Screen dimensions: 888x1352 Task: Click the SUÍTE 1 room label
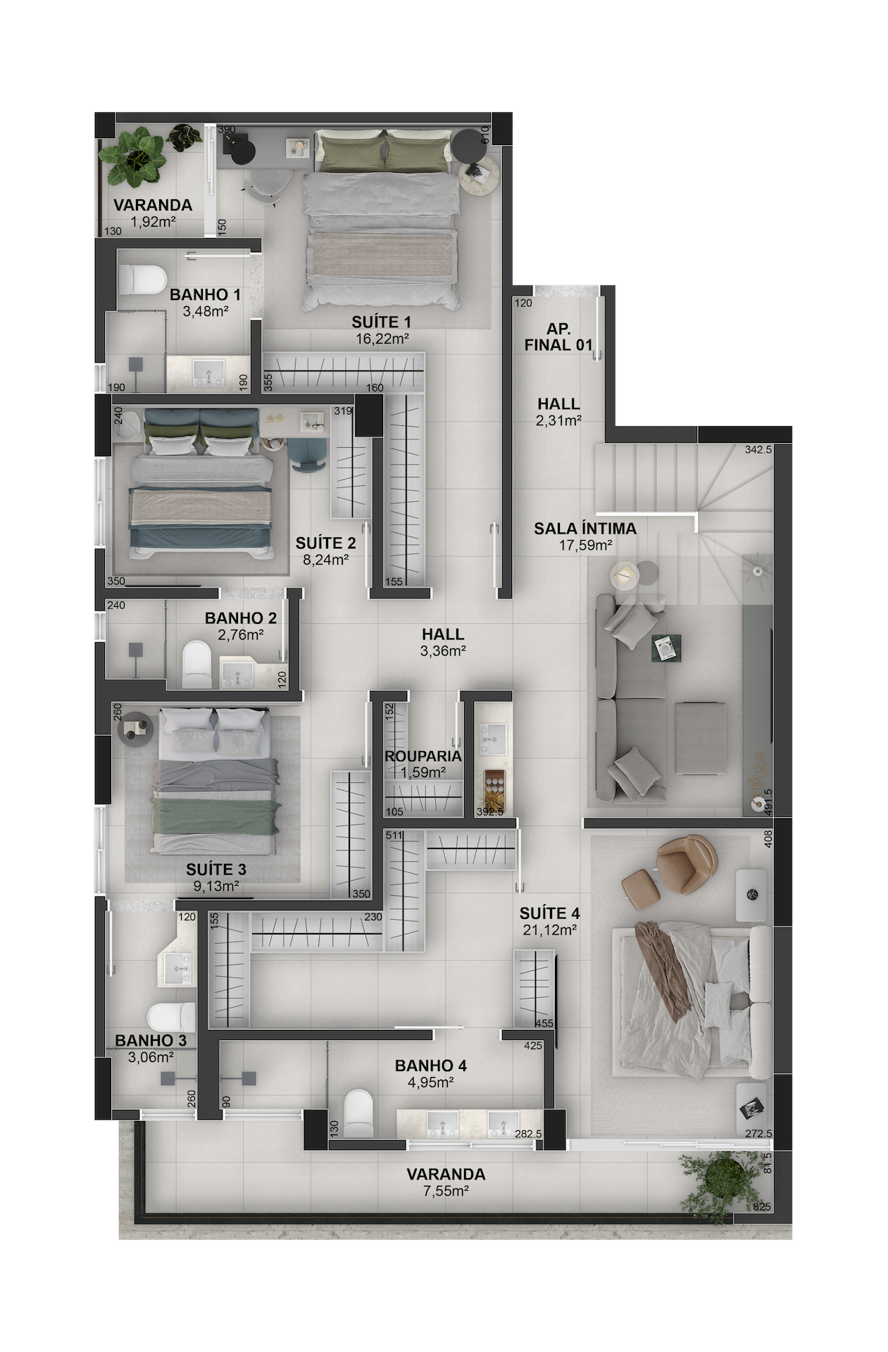(x=381, y=323)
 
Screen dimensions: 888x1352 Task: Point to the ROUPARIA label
(x=423, y=756)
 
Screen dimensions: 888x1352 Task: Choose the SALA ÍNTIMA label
(x=584, y=528)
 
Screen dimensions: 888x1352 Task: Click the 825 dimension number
(x=761, y=1206)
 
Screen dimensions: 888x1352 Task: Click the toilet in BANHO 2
(x=196, y=663)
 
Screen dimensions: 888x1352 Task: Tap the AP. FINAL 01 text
(x=558, y=337)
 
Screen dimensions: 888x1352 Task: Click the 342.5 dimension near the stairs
(x=758, y=449)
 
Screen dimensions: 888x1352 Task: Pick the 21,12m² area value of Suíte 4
(x=549, y=930)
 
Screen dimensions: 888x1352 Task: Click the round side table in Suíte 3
(x=137, y=729)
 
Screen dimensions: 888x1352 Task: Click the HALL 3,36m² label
(x=443, y=642)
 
